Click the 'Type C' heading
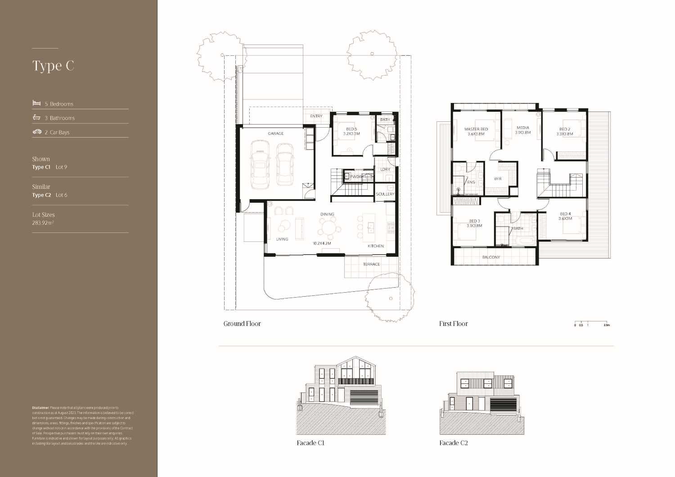[x=53, y=66]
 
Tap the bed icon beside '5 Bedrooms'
[x=36, y=103]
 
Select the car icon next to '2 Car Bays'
[x=37, y=132]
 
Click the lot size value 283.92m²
[x=43, y=223]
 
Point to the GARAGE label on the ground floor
[x=275, y=134]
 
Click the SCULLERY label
[x=385, y=194]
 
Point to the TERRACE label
[x=371, y=264]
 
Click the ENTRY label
[x=316, y=116]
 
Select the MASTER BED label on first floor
[x=476, y=129]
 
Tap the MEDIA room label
[x=522, y=128]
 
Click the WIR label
[x=498, y=179]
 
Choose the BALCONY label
[x=491, y=257]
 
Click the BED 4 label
[x=565, y=214]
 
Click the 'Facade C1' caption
[x=310, y=443]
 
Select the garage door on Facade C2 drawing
[x=503, y=405]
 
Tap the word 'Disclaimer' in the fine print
[x=40, y=408]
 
